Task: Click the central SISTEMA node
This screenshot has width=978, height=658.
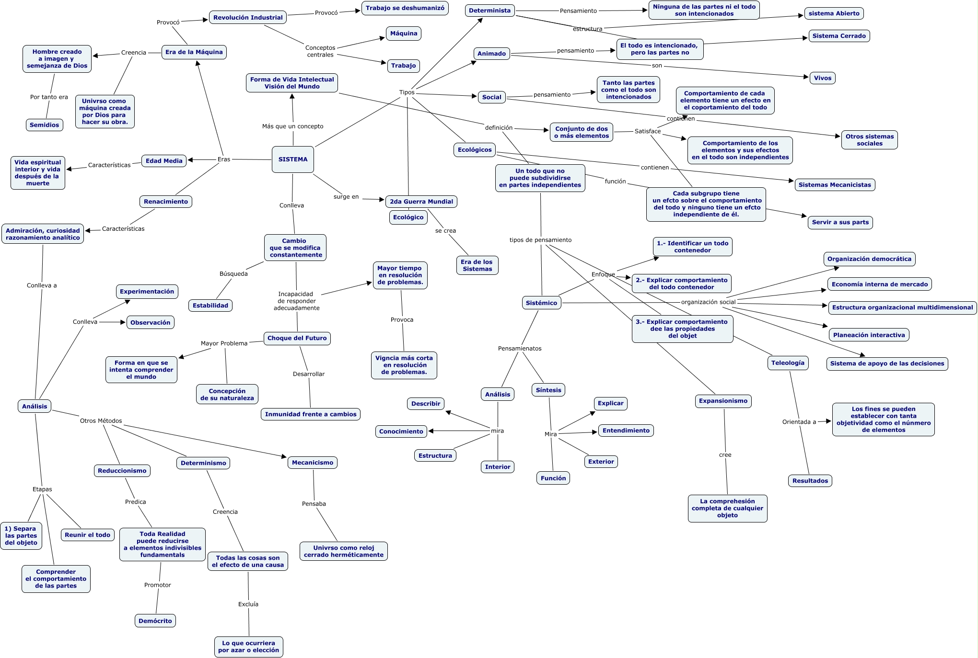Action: [x=293, y=159]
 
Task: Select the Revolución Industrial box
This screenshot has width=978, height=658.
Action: [x=248, y=18]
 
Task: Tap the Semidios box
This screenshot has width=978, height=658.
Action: [x=44, y=125]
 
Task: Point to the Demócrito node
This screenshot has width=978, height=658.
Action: [x=155, y=621]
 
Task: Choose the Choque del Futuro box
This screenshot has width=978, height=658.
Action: [x=297, y=338]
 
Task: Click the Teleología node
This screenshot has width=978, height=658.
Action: [x=788, y=363]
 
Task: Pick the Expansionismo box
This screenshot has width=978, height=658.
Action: [x=723, y=401]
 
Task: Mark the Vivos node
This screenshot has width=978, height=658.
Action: [x=823, y=78]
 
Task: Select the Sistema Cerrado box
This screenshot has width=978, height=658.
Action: [x=839, y=36]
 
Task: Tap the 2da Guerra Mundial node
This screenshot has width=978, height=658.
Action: [x=421, y=202]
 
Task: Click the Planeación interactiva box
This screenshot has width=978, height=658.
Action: [x=869, y=335]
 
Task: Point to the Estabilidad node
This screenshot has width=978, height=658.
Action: [x=210, y=306]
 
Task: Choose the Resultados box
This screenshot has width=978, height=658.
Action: [x=810, y=481]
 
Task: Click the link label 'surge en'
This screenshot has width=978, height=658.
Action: [x=346, y=197]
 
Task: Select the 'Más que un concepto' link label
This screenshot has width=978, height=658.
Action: [x=292, y=126]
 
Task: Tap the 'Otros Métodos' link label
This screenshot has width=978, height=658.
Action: [x=101, y=421]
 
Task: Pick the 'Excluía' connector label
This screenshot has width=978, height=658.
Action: [x=248, y=604]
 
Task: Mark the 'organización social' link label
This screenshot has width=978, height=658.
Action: [x=708, y=302]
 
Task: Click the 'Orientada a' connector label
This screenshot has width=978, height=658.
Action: [x=799, y=422]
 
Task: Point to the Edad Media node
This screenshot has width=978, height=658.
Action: [x=164, y=161]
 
